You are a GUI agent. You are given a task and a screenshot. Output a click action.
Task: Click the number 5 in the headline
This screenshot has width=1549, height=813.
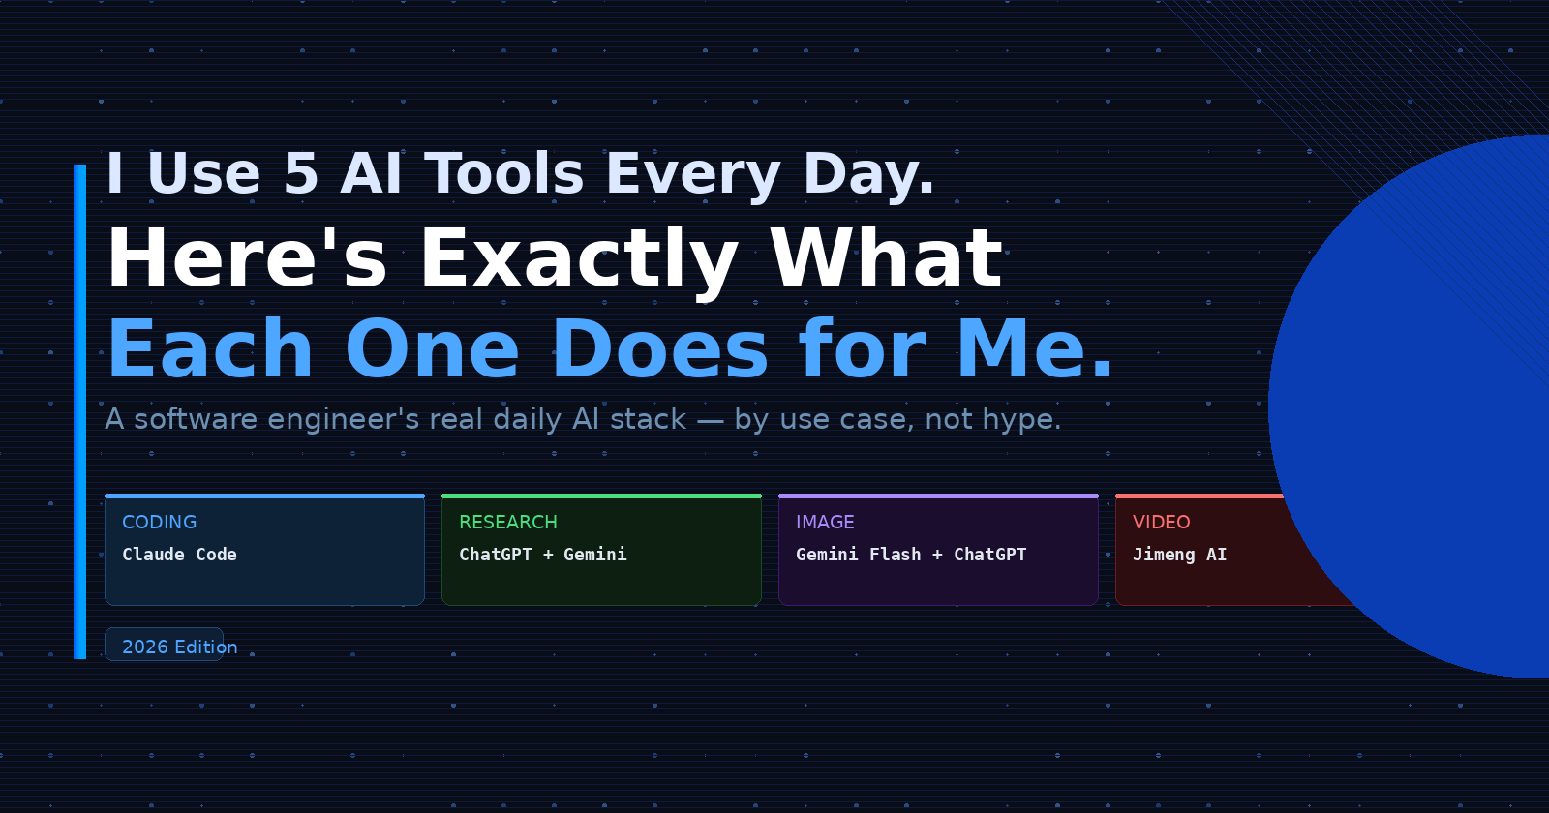point(301,173)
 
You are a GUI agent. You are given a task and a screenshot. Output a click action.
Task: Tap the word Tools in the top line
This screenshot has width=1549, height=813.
point(504,173)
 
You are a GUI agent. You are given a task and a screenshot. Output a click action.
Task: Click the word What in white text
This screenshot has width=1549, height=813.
point(887,257)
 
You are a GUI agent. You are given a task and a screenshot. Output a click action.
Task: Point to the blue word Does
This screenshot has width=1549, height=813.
point(660,349)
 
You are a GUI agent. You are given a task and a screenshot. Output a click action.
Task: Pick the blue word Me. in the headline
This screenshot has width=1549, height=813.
point(1035,349)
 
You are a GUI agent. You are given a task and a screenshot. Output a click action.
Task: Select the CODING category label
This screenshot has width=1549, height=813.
point(160,522)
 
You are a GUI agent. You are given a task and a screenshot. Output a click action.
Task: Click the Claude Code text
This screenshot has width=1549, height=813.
point(180,555)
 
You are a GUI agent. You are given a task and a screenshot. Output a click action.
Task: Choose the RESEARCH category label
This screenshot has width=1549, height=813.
point(508,522)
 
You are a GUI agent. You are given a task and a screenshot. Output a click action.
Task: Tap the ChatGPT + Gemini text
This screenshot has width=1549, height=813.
point(543,555)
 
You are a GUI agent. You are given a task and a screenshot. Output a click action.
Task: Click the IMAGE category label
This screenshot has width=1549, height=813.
point(825,522)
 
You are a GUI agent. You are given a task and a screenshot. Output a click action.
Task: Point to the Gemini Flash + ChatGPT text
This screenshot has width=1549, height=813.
point(911,555)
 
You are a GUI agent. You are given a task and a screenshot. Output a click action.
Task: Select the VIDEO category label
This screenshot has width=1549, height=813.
point(1162,522)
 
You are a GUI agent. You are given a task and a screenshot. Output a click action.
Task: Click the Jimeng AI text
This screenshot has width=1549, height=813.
point(1180,556)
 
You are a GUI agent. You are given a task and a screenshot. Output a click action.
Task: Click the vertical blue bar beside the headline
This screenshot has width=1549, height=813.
point(80,411)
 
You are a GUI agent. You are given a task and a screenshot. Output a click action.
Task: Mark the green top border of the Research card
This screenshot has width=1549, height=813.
point(601,496)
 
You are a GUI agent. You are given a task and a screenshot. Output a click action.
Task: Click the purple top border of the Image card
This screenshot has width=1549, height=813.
point(938,496)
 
